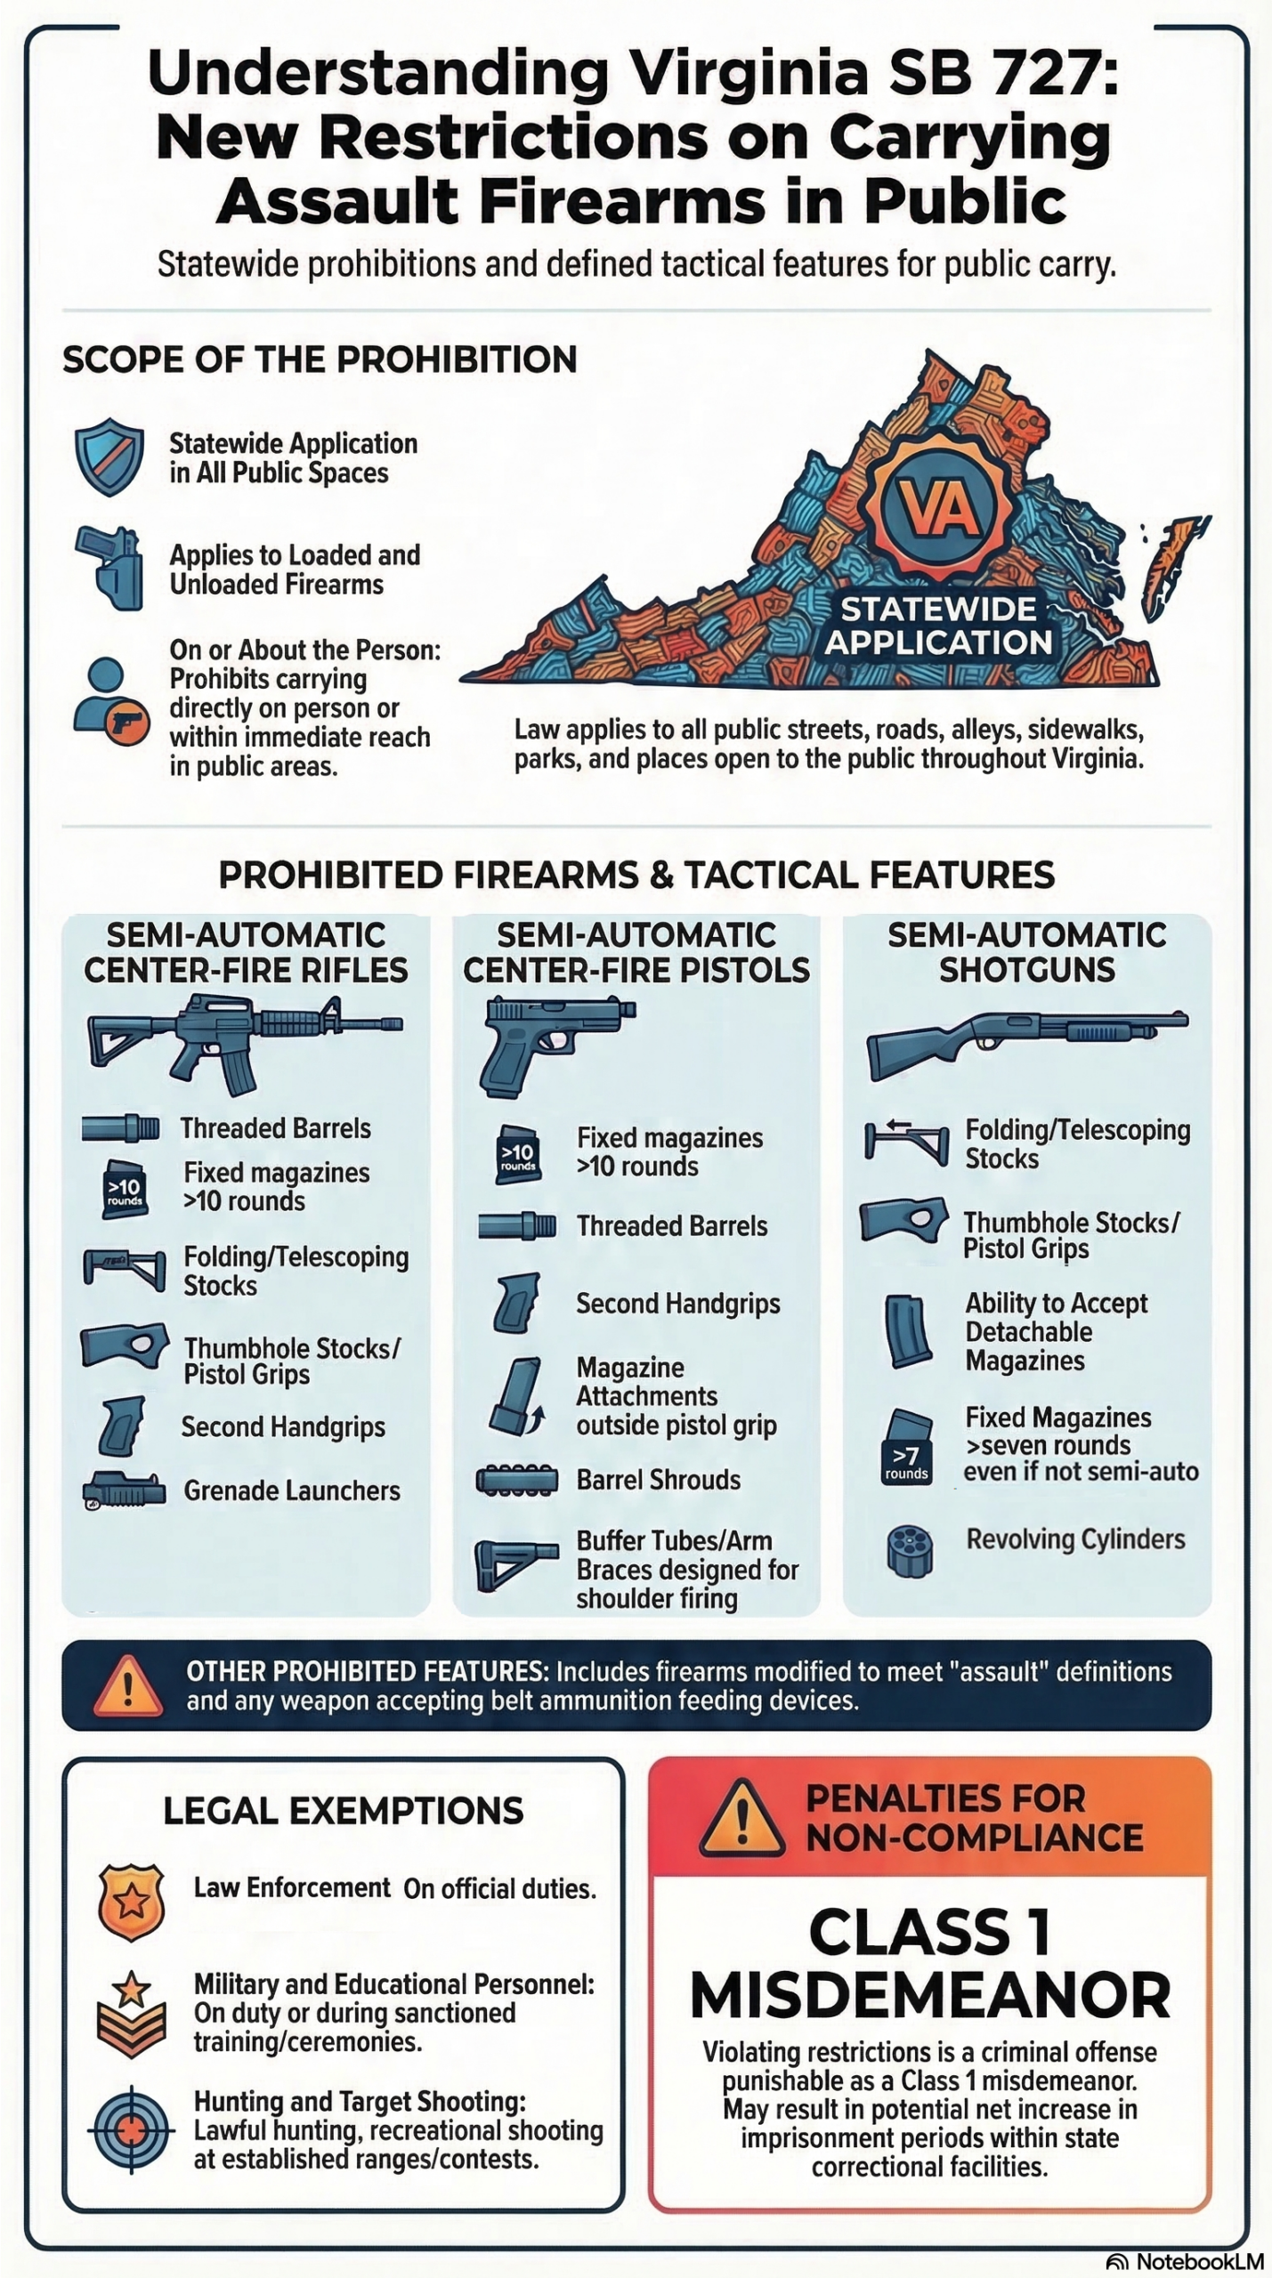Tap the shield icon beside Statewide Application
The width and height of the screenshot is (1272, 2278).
tap(109, 456)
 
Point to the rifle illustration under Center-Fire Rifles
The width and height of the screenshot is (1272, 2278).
tap(245, 1044)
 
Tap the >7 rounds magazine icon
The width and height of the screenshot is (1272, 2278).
tap(907, 1448)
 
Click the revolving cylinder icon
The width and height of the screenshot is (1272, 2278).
tap(910, 1551)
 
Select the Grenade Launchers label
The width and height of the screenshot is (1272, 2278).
tap(292, 1490)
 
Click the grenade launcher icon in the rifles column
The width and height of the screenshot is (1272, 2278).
tap(124, 1490)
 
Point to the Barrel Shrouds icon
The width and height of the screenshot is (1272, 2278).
tap(516, 1479)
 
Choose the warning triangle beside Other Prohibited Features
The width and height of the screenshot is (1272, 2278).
tap(128, 1684)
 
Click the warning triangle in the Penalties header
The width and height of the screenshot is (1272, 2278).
tap(741, 1819)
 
